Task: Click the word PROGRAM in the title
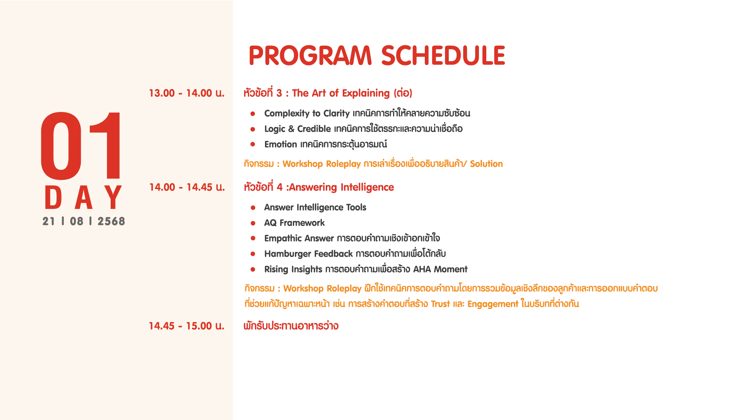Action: click(310, 55)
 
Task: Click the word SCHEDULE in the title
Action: click(443, 55)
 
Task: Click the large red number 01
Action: click(81, 146)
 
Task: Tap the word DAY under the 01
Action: click(84, 197)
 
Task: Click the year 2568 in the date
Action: click(111, 221)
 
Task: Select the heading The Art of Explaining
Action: click(341, 93)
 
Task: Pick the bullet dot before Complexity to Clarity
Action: click(253, 113)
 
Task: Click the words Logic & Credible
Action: click(297, 129)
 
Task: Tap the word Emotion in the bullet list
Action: click(281, 144)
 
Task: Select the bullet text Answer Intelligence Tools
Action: click(315, 207)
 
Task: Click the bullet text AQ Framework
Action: click(294, 223)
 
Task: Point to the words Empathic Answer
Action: click(299, 238)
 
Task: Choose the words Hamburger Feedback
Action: click(308, 254)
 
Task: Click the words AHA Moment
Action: click(440, 269)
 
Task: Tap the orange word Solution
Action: click(486, 164)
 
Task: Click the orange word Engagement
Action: click(493, 304)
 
